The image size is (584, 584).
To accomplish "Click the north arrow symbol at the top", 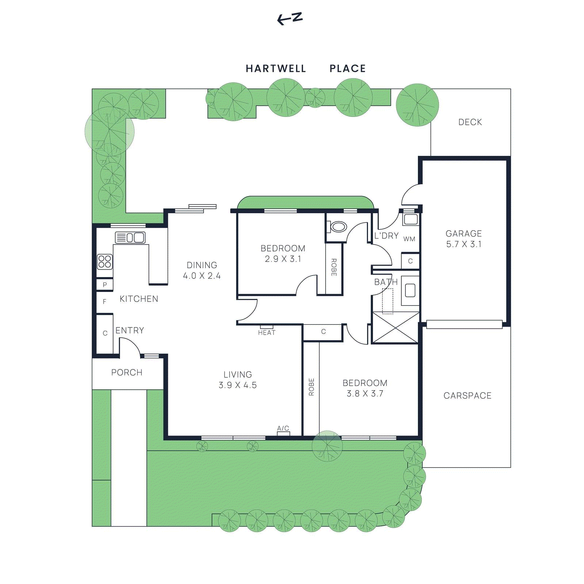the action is point(290,19).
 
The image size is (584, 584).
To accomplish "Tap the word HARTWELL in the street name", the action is point(276,69).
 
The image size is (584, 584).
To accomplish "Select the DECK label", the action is point(470,122).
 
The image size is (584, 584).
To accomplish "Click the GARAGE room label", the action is point(464,234).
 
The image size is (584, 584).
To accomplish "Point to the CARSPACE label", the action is point(468,396).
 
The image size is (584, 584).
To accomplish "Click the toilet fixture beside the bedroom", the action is point(338,227).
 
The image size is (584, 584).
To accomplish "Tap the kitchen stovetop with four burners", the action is point(105,262).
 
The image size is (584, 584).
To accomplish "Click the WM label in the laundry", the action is point(409,239).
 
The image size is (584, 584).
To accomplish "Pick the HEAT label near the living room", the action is point(267,333).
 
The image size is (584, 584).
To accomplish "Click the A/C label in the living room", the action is point(283,428).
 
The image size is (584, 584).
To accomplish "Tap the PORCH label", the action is point(127,373).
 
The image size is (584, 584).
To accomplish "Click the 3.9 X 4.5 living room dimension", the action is point(238,385).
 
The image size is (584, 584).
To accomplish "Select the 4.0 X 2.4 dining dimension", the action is point(202,276).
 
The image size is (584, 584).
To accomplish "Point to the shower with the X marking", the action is point(395,328).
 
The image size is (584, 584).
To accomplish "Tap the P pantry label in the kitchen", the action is point(105,285).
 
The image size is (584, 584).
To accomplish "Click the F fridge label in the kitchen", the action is point(105,302).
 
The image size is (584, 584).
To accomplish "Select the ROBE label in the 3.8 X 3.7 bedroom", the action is point(311,387).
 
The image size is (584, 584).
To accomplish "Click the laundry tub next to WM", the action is point(411,219).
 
